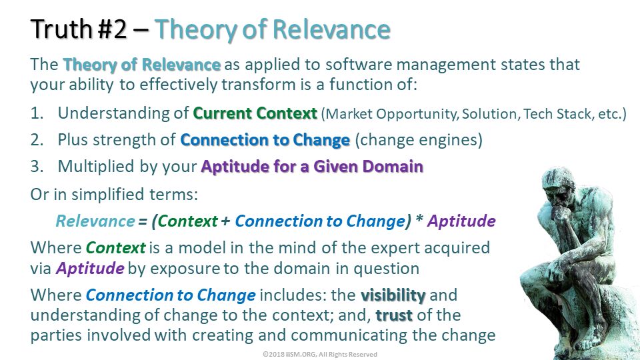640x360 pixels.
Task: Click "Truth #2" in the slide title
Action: (x=79, y=29)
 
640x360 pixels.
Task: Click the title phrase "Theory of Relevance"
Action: (x=273, y=29)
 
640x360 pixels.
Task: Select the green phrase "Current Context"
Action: (x=255, y=113)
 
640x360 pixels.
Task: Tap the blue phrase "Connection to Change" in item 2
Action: (x=265, y=140)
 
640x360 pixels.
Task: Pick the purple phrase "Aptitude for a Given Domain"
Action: (x=312, y=167)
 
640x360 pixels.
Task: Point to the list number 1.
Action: (x=37, y=113)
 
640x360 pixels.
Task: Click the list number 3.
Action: (x=37, y=167)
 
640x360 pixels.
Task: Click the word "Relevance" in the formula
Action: (x=95, y=221)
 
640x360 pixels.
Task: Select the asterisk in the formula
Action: (x=419, y=219)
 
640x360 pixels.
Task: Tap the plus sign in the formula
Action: (x=225, y=221)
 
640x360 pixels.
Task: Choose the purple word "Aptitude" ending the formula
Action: (x=461, y=221)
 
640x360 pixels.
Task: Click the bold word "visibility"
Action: (x=393, y=295)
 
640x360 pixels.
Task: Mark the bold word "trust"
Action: (x=394, y=315)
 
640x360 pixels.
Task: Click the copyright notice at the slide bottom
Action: (x=320, y=354)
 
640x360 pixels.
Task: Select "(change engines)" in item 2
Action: (x=419, y=140)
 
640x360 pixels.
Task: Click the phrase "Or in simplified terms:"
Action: (x=114, y=195)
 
